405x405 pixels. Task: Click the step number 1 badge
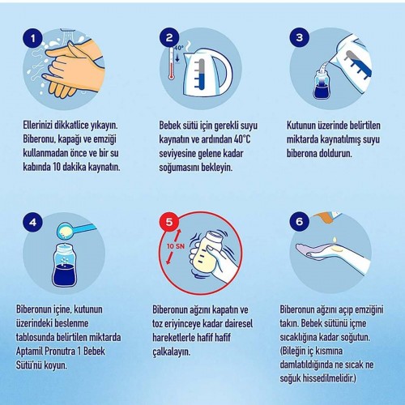coord(33,38)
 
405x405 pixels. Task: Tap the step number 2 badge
coord(169,38)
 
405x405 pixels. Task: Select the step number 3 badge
coord(300,37)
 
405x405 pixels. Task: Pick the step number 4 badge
coord(33,222)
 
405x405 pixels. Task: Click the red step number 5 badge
coord(169,222)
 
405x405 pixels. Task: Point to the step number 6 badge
coord(300,222)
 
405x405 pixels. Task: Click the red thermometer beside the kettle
coord(171,63)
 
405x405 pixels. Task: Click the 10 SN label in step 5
coord(176,246)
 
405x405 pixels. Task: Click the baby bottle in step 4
coord(64,265)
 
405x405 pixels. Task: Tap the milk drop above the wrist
coord(335,241)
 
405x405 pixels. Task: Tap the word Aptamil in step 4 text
coord(30,352)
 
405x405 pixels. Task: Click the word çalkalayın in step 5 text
coord(172,352)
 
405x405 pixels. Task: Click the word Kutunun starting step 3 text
coord(300,126)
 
